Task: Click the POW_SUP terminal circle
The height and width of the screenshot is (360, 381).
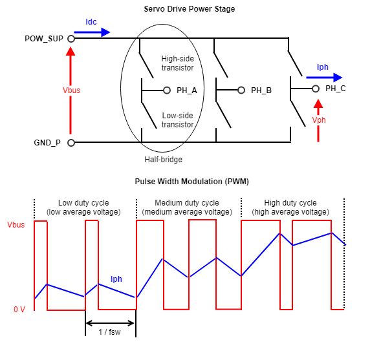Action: (x=71, y=39)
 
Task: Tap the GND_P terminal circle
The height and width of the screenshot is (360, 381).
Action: (x=71, y=143)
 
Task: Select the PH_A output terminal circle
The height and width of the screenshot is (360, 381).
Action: (x=167, y=90)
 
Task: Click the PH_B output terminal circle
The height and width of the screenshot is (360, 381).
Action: (x=241, y=90)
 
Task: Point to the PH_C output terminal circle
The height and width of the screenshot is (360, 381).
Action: (x=316, y=89)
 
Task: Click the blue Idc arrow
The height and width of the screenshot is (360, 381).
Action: (x=92, y=32)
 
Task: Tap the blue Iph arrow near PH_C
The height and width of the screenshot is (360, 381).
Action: (x=324, y=78)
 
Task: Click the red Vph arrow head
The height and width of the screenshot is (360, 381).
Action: (x=318, y=104)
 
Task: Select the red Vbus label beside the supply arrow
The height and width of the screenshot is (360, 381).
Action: (x=71, y=90)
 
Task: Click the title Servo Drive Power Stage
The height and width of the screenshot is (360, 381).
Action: (x=190, y=9)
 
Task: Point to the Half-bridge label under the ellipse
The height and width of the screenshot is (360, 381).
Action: (x=163, y=160)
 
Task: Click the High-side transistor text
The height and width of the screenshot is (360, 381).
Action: (x=178, y=63)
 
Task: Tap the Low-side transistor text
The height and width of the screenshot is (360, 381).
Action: (x=178, y=120)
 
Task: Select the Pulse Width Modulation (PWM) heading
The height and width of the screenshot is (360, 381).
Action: (x=191, y=182)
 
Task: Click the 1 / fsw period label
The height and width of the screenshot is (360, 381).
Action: (x=109, y=332)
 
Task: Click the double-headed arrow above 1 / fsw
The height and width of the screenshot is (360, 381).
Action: (x=110, y=323)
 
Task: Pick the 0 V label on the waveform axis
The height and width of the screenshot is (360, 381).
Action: (x=19, y=310)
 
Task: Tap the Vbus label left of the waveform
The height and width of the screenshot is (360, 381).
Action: (x=16, y=225)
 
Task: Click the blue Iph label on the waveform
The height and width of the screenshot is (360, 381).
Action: (x=116, y=279)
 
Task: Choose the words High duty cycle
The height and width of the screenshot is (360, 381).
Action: (x=290, y=203)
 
